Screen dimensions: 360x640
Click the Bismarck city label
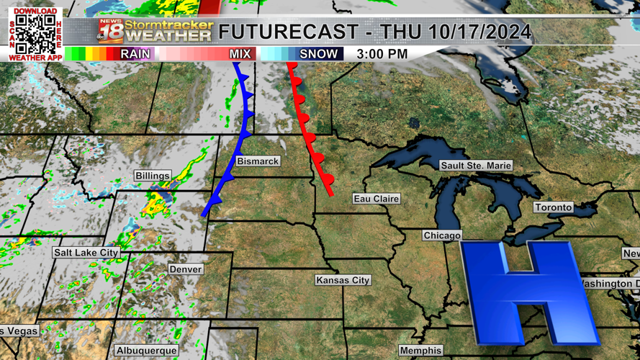258,161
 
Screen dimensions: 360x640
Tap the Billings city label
153,176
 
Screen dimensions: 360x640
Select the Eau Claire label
376,199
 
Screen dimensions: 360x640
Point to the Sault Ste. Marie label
476,166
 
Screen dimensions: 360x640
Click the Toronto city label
554,207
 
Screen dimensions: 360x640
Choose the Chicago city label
442,235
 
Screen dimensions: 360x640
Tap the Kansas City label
343,280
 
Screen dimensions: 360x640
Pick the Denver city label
186,269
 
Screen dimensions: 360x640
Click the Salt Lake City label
86,253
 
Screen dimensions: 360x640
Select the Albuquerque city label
147,351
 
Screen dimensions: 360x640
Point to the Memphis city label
420,351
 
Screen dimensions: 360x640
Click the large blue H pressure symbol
528,292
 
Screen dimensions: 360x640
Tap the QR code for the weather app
35,34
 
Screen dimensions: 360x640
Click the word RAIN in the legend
135,54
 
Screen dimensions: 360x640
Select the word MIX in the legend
240,54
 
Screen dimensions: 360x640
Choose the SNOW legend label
318,54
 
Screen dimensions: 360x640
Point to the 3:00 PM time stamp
382,54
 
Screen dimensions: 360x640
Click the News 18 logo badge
110,32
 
